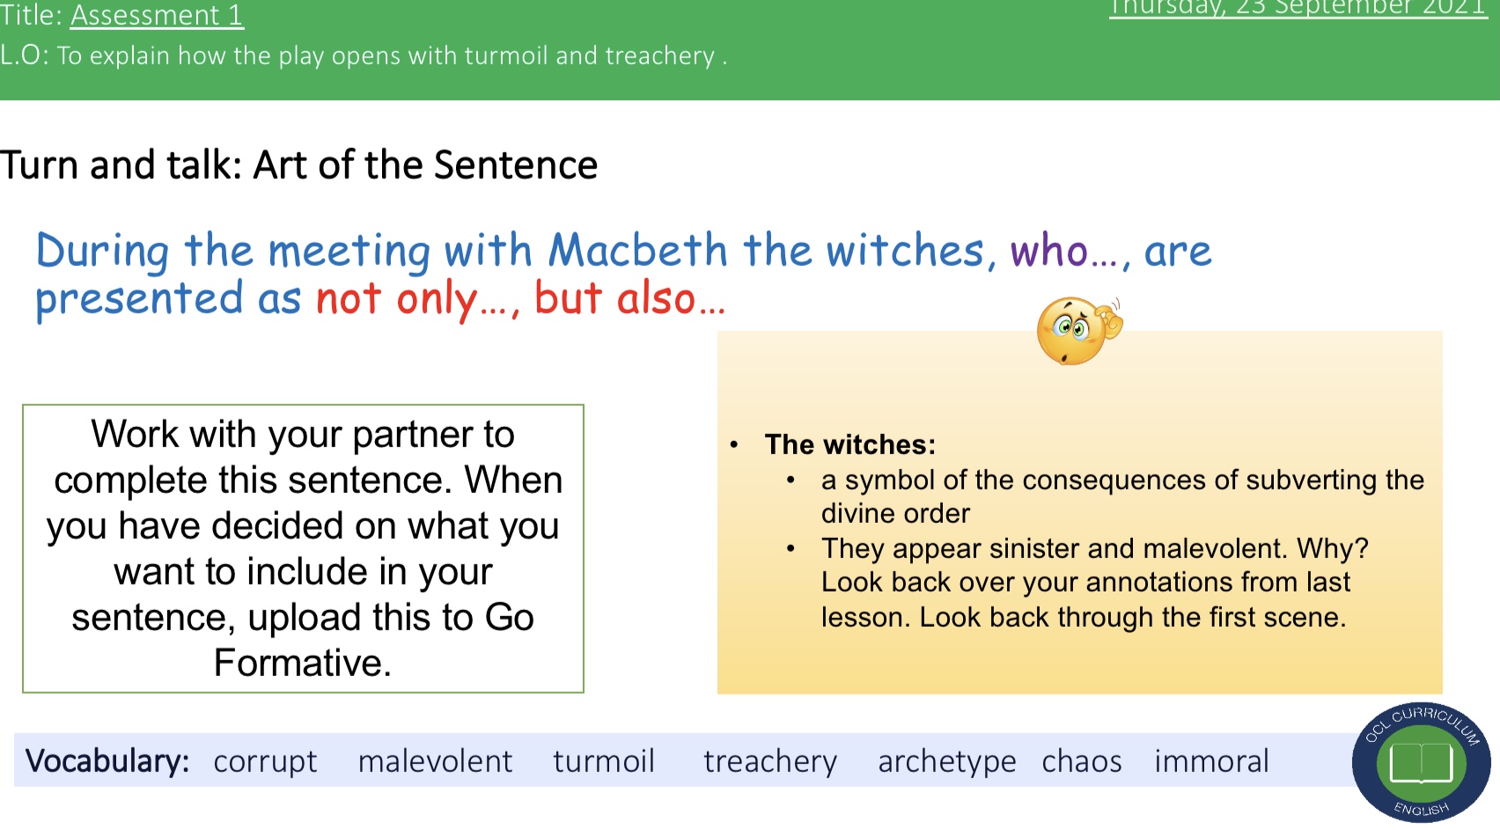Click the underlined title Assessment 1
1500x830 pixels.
click(x=157, y=15)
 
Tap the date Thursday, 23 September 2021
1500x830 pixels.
click(x=1298, y=8)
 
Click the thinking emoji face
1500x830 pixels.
click(x=1079, y=331)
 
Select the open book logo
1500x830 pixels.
click(x=1421, y=762)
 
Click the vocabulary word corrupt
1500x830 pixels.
click(x=265, y=761)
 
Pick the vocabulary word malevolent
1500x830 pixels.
click(x=435, y=761)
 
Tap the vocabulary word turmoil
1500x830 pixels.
click(x=604, y=761)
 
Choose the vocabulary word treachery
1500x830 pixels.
click(x=770, y=762)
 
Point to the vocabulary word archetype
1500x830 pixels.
click(x=947, y=762)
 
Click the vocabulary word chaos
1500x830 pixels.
click(x=1082, y=761)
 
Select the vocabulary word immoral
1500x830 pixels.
click(x=1211, y=761)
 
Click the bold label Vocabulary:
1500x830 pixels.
click(x=107, y=761)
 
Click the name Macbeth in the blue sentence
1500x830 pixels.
click(x=637, y=250)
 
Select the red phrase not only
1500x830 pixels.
click(x=396, y=297)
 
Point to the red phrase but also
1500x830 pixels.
click(x=614, y=297)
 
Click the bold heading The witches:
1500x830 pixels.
click(x=850, y=444)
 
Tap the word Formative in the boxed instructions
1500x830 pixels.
click(x=303, y=663)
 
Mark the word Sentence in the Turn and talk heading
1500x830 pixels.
click(x=515, y=165)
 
